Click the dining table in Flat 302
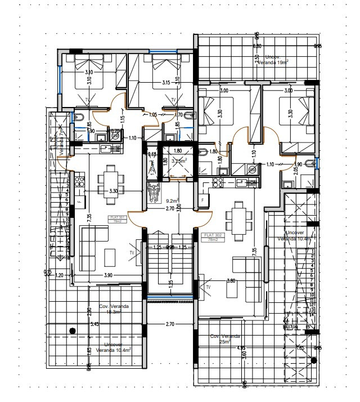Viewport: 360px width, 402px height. pyautogui.click(x=236, y=216)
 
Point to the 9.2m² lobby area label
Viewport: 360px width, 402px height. pyautogui.click(x=173, y=200)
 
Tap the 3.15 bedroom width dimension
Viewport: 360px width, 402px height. pyautogui.click(x=166, y=83)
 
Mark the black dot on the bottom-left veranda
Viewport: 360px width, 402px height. pyautogui.click(x=71, y=331)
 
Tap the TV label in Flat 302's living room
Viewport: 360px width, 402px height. pyautogui.click(x=208, y=288)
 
